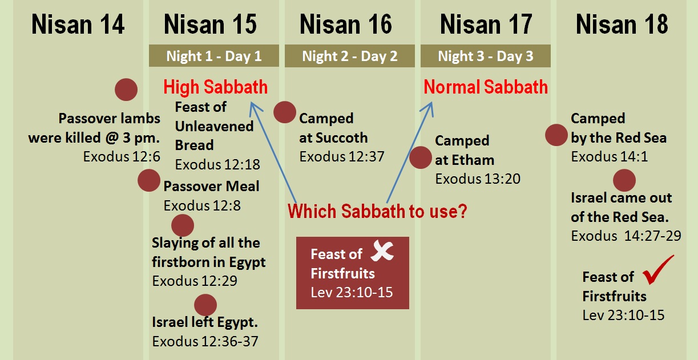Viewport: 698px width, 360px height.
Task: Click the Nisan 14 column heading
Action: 78,25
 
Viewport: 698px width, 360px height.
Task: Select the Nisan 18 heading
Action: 622,25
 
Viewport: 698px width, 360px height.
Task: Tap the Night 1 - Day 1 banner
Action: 214,56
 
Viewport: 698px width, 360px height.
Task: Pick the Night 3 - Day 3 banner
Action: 486,56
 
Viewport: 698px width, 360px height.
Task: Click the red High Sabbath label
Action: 215,87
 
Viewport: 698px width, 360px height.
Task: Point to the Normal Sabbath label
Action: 486,87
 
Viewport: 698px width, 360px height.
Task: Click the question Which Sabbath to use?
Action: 377,212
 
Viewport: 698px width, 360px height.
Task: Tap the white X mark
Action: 382,250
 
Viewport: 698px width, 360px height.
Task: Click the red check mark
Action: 658,270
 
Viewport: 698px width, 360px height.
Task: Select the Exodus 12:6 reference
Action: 122,157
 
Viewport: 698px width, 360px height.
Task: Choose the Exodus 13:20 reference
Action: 478,179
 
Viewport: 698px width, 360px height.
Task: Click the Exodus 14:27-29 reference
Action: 626,236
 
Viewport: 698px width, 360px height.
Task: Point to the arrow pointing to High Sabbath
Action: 273,152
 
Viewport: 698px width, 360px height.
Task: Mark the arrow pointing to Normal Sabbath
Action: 410,152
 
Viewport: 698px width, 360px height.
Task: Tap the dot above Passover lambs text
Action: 126,90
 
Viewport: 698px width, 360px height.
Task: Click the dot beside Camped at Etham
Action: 421,157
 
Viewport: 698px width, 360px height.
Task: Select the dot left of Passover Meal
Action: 149,180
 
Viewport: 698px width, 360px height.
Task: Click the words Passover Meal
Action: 211,186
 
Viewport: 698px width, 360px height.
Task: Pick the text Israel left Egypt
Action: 205,322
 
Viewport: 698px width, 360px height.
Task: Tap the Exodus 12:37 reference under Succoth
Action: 342,157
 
